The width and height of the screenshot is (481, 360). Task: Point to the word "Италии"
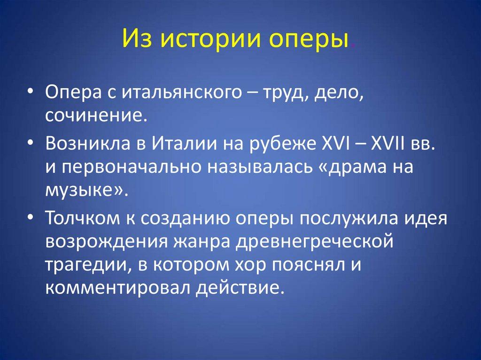[x=183, y=144]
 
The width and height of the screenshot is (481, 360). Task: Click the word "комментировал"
[x=116, y=286]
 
